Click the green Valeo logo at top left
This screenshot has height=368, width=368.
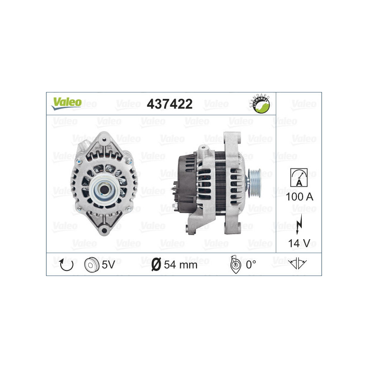(x=66, y=103)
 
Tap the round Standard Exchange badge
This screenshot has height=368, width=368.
(x=259, y=104)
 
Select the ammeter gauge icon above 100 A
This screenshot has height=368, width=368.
(x=299, y=178)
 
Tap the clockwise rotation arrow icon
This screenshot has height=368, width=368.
(x=64, y=264)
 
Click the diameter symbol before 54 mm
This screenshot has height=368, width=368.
(x=155, y=264)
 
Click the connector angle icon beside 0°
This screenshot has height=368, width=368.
(x=234, y=264)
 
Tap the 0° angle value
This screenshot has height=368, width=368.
(x=251, y=264)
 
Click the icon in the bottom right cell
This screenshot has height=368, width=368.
(x=299, y=264)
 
